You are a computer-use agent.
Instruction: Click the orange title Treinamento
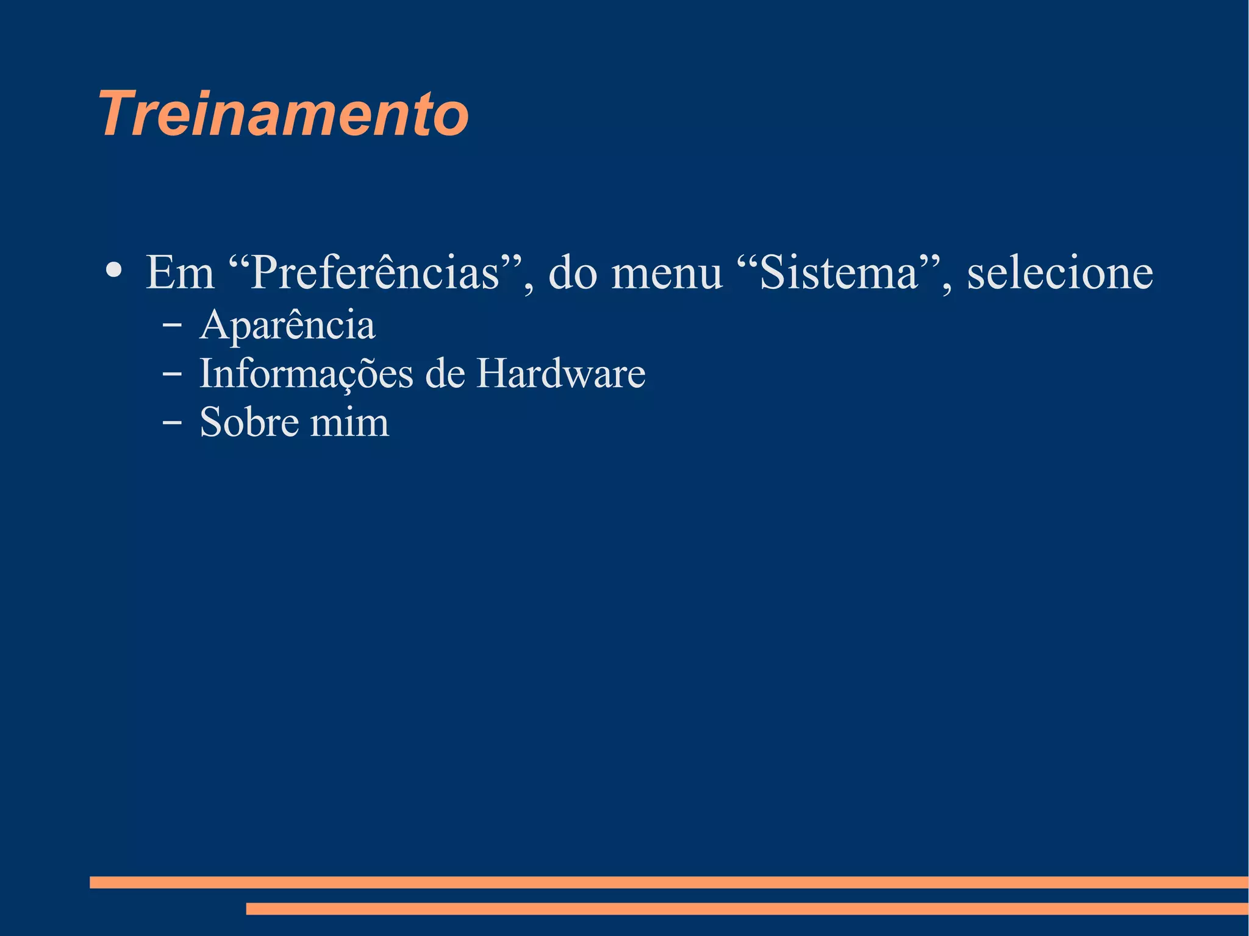tap(284, 114)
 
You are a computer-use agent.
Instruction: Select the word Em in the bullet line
tap(180, 273)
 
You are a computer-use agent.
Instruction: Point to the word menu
tap(667, 273)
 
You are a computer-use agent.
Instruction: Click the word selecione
tap(1060, 273)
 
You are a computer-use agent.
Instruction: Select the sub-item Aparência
tap(287, 325)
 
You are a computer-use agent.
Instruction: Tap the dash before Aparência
tap(172, 325)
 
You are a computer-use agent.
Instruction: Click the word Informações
tap(306, 374)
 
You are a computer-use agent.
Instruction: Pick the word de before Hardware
tap(445, 374)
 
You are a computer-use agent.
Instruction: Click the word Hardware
tap(560, 374)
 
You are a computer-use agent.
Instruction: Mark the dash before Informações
tap(172, 374)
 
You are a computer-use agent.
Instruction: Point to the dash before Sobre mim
tap(172, 422)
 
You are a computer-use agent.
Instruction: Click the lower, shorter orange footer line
tap(747, 909)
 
